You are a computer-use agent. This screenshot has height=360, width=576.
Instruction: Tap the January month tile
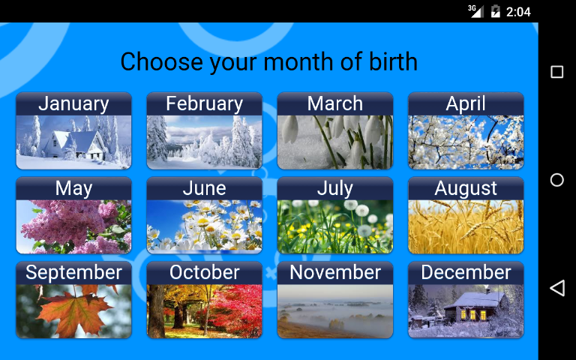73,130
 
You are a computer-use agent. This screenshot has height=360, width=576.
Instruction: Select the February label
204,103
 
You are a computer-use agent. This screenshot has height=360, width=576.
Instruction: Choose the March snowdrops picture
335,142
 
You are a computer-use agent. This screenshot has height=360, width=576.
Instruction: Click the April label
466,103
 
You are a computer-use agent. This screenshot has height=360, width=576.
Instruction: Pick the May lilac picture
73,226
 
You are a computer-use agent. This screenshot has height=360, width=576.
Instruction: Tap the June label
204,188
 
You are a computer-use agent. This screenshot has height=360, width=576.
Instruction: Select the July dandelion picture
335,226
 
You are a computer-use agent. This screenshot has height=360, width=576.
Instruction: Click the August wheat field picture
466,226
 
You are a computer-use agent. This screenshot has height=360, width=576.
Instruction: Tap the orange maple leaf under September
73,311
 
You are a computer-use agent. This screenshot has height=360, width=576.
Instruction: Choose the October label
204,272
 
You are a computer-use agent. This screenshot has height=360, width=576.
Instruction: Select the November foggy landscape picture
335,311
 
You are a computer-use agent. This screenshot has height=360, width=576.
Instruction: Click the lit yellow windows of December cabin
473,314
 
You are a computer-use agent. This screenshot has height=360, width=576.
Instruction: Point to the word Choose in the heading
162,61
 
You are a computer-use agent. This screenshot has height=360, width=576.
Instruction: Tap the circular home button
557,180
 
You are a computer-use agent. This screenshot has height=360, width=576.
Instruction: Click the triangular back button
557,288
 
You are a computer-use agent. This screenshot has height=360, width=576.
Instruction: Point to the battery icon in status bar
496,11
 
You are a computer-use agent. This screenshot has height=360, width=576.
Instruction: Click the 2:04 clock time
518,12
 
